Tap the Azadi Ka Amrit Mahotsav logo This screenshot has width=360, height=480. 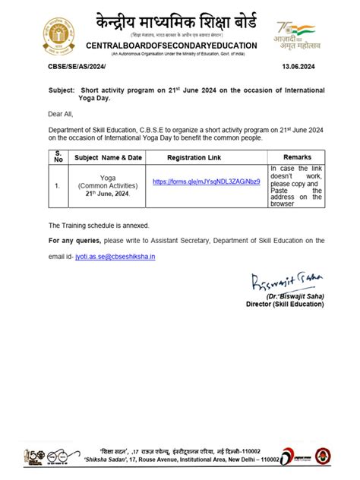click(x=295, y=35)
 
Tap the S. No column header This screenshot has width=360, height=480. click(x=58, y=157)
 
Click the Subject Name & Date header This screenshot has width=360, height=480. click(x=109, y=157)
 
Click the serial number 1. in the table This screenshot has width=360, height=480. click(x=58, y=185)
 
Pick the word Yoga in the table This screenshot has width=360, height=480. click(x=108, y=178)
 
